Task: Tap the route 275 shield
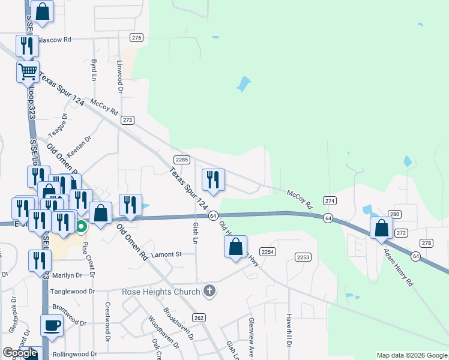137,38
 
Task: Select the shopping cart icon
28,71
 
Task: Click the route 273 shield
127,120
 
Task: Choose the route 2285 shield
182,160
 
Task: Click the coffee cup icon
52,325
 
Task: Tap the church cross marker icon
209,292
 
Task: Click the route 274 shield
330,200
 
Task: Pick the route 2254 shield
267,251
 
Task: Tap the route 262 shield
199,317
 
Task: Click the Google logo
20,353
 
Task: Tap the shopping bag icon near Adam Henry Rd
382,228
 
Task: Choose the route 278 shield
426,243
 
